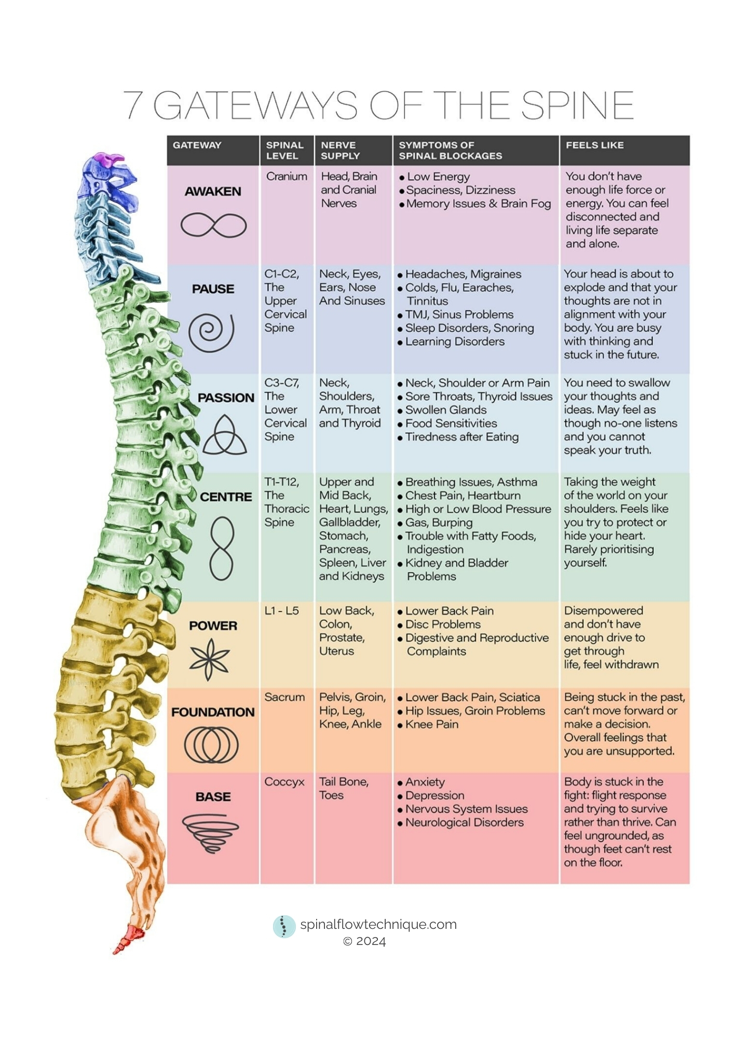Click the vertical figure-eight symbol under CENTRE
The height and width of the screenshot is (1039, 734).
click(x=222, y=549)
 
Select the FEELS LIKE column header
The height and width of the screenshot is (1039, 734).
click(x=594, y=145)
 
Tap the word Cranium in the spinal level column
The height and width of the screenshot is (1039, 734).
click(x=287, y=176)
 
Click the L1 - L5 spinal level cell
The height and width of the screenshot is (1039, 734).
click(x=281, y=610)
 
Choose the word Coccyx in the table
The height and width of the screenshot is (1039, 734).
click(x=284, y=782)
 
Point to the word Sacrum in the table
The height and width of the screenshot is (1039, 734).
click(x=284, y=697)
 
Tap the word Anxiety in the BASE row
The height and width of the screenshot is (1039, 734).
click(x=425, y=782)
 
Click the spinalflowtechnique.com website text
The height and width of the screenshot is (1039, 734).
click(x=378, y=924)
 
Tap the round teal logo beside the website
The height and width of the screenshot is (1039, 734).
click(x=284, y=926)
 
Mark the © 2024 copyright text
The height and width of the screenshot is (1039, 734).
click(x=364, y=941)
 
